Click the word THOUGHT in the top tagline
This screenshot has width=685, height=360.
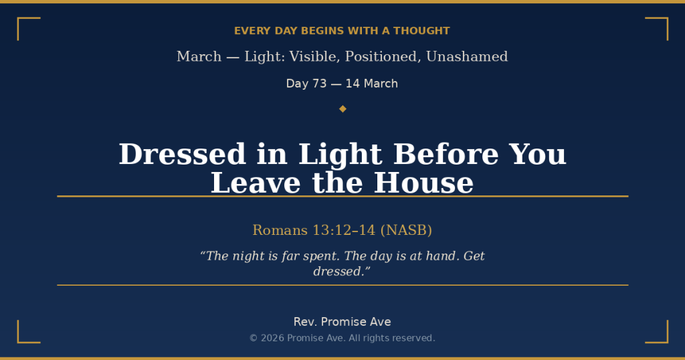click(421, 31)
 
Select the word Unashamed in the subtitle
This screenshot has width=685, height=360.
click(467, 56)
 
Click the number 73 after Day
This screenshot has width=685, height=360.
click(320, 84)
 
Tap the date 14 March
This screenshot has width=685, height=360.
click(372, 84)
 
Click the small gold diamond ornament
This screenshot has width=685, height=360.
click(342, 109)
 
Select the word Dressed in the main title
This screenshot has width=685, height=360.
click(182, 154)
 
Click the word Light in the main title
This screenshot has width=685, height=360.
click(340, 155)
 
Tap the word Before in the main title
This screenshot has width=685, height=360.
click(446, 154)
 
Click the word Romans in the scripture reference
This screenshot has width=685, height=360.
click(280, 230)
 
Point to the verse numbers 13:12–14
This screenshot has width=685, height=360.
click(344, 230)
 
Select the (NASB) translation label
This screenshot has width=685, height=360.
click(406, 230)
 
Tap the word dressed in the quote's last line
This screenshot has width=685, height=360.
click(339, 271)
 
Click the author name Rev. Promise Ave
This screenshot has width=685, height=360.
click(342, 322)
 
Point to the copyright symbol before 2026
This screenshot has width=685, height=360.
click(254, 338)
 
